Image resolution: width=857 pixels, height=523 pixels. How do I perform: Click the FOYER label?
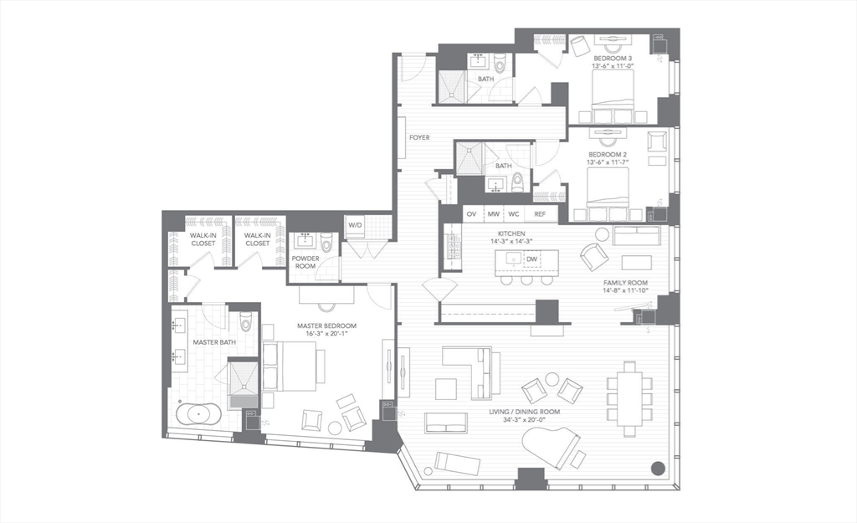[x=419, y=137]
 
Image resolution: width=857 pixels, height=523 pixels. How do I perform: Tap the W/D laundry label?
[x=356, y=224]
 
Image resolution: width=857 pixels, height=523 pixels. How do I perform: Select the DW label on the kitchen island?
[x=531, y=259]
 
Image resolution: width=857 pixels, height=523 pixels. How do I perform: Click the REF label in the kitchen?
[x=540, y=215]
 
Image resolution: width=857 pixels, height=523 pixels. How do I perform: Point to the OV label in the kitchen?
[x=471, y=215]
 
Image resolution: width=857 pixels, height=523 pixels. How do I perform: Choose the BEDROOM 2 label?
[x=608, y=155]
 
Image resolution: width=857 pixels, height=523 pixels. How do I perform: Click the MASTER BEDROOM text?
[x=327, y=326]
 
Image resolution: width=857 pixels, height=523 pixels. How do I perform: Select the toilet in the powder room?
[x=327, y=243]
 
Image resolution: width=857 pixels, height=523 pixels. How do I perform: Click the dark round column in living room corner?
[x=659, y=468]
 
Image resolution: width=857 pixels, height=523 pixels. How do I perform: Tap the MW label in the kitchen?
[x=494, y=215]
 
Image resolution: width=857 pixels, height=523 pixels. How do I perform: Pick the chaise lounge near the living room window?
[x=457, y=463]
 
